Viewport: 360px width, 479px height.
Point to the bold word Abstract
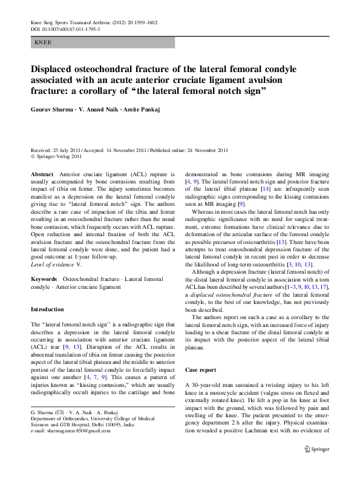42,173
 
